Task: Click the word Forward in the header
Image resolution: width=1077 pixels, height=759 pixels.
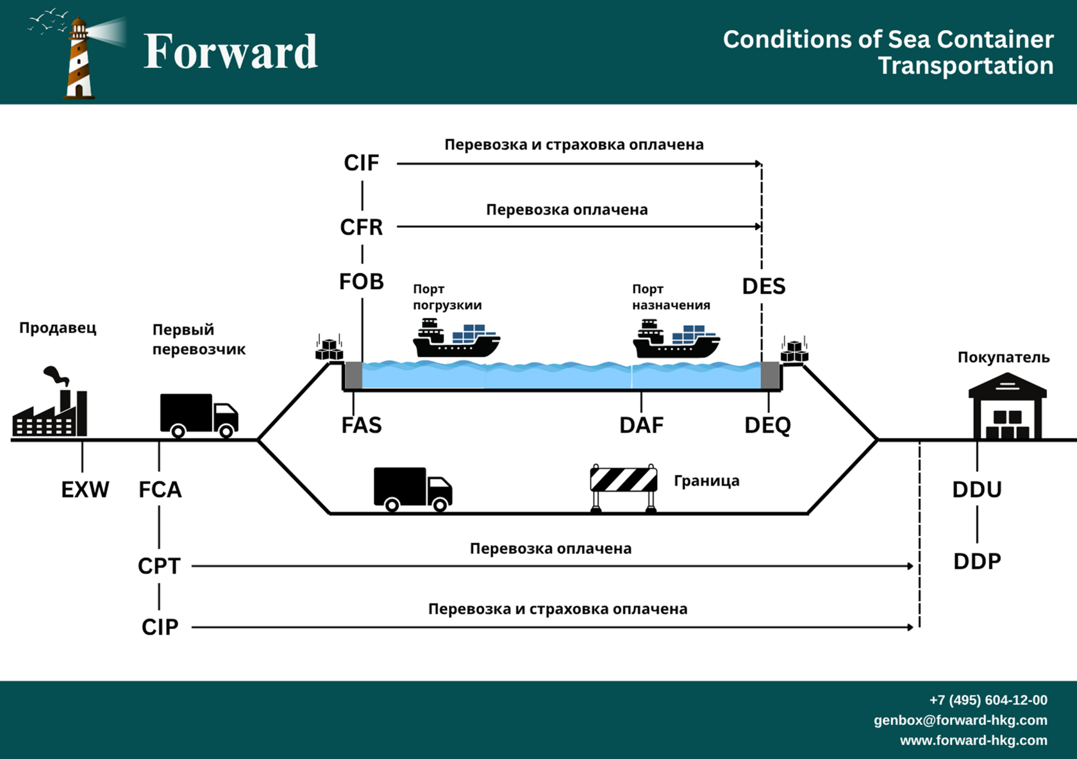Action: tap(231, 51)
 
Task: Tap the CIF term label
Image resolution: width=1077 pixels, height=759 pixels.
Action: tap(362, 163)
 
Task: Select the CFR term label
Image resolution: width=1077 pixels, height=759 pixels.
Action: tap(362, 227)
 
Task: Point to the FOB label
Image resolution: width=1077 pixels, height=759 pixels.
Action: tap(362, 281)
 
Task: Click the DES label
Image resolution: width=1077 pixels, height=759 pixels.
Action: tap(764, 286)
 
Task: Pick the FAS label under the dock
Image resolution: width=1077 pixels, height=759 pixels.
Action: tap(362, 425)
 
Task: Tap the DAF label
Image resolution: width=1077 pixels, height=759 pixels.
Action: tap(641, 425)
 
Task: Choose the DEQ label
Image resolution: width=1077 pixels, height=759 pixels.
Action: tap(767, 425)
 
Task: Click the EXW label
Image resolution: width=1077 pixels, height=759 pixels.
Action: tap(85, 490)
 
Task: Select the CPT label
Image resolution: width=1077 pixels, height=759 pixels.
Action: tap(159, 566)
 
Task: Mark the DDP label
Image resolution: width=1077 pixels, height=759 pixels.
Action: tap(977, 562)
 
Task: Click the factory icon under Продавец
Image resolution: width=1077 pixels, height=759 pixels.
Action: tap(50, 407)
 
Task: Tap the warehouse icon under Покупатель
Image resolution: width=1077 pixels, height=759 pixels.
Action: tap(1007, 408)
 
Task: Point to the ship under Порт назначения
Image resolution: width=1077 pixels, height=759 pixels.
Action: tap(676, 340)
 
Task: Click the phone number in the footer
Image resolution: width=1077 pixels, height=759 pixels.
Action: tap(988, 700)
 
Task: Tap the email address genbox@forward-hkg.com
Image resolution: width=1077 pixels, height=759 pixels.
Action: tap(960, 720)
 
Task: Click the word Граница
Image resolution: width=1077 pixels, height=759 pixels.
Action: tap(706, 481)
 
